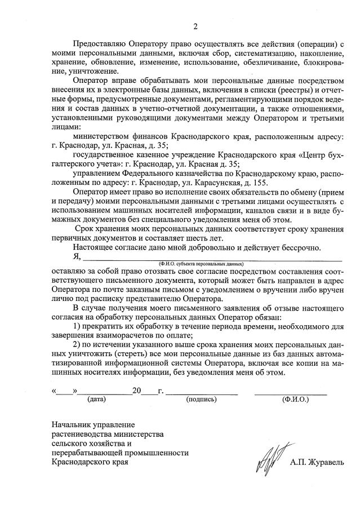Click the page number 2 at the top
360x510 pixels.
coord(195,26)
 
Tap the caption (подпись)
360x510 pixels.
coord(201,399)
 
